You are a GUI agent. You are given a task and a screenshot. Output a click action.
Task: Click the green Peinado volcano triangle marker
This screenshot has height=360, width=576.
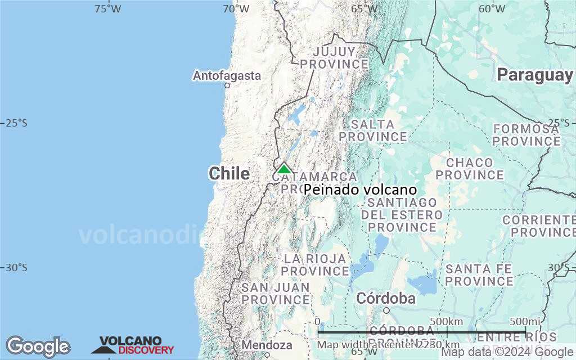284,168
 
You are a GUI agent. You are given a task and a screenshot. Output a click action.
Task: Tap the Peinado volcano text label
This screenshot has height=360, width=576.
360,190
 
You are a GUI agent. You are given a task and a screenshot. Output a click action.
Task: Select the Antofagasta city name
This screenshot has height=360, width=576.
227,75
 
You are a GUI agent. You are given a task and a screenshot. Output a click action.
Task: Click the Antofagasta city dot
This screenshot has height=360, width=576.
227,85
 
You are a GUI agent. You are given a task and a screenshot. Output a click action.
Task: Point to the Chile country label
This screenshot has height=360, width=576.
229,174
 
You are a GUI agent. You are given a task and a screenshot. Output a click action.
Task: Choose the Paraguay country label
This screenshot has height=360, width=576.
534,75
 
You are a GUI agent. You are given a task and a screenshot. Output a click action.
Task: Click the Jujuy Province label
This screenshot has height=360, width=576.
334,58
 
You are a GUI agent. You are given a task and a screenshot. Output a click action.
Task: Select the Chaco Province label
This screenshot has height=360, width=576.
469,169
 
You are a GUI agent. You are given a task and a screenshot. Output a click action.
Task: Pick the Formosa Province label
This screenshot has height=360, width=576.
526,135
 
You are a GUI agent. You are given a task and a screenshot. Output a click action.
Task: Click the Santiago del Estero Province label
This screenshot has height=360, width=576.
402,215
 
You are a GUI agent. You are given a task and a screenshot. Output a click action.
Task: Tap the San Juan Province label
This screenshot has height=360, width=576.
276,294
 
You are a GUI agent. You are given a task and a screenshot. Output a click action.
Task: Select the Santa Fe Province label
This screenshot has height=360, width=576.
479,275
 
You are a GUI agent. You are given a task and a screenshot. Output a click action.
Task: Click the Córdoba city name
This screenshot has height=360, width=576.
386,298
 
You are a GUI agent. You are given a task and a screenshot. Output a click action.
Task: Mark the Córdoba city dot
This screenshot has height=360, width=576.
386,310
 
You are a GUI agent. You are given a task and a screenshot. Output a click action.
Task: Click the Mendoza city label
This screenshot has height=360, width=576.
267,345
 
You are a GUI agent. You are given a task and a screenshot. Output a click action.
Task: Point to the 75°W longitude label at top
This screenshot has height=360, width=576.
107,8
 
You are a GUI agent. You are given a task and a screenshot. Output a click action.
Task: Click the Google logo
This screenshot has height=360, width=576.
38,346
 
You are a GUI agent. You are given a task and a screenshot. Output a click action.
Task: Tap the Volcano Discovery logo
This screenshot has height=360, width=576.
133,345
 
